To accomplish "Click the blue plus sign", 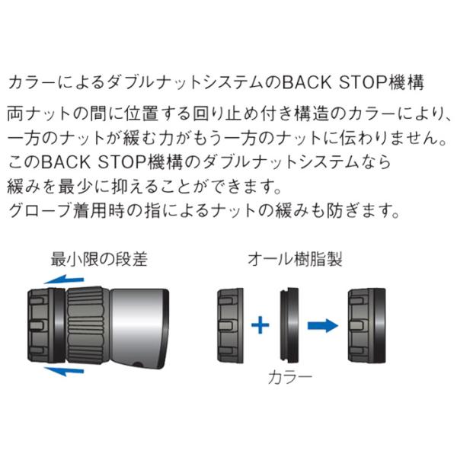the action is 260,324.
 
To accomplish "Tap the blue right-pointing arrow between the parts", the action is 323,324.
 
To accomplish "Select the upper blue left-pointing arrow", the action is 63,280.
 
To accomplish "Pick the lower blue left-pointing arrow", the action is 63,371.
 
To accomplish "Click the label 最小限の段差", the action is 99,259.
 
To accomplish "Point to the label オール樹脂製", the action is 295,259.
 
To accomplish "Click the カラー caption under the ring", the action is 289,378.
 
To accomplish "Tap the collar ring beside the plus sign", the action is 290,325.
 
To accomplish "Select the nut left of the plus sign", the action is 230,325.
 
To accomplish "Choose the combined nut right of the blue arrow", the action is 367,325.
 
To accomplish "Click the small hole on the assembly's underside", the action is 138,364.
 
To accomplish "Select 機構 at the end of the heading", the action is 405,82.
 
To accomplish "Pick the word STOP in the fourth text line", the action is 121,162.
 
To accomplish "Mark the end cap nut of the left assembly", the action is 46,325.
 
